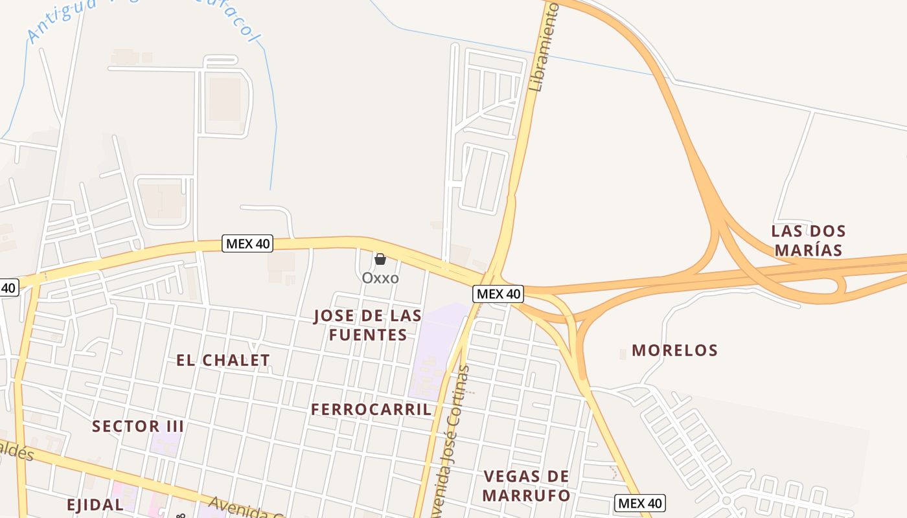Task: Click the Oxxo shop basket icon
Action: pos(380,259)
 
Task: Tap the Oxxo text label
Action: pos(380,278)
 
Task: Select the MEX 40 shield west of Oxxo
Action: pos(247,243)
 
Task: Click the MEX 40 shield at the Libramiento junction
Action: pos(498,294)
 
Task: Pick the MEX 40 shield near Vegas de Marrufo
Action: pos(640,503)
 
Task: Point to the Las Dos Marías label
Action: pos(809,240)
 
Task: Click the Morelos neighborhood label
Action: pos(675,350)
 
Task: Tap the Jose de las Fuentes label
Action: pos(368,325)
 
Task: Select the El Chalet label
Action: pos(223,360)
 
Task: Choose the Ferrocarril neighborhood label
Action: pos(371,409)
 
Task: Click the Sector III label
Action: pos(138,426)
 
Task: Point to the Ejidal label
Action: pos(95,504)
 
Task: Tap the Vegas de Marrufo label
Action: pos(527,486)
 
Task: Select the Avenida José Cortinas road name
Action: pos(454,440)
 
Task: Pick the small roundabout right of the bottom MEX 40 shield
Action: pos(726,501)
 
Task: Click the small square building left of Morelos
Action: pos(623,354)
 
